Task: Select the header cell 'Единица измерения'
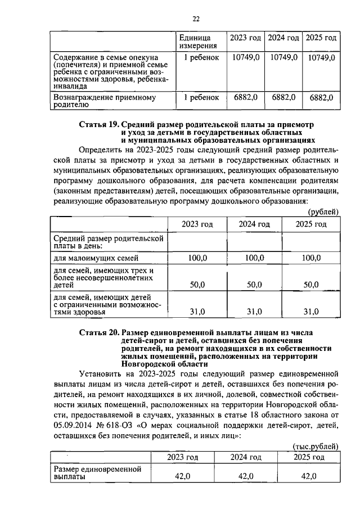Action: [198, 42]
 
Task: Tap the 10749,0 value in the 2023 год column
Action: [246, 57]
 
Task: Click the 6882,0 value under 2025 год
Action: [321, 97]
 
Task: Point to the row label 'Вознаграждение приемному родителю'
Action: [103, 101]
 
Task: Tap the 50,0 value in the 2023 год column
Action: [197, 285]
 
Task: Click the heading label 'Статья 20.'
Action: [100, 332]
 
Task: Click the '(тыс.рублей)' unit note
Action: [316, 446]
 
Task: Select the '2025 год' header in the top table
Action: [321, 38]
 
